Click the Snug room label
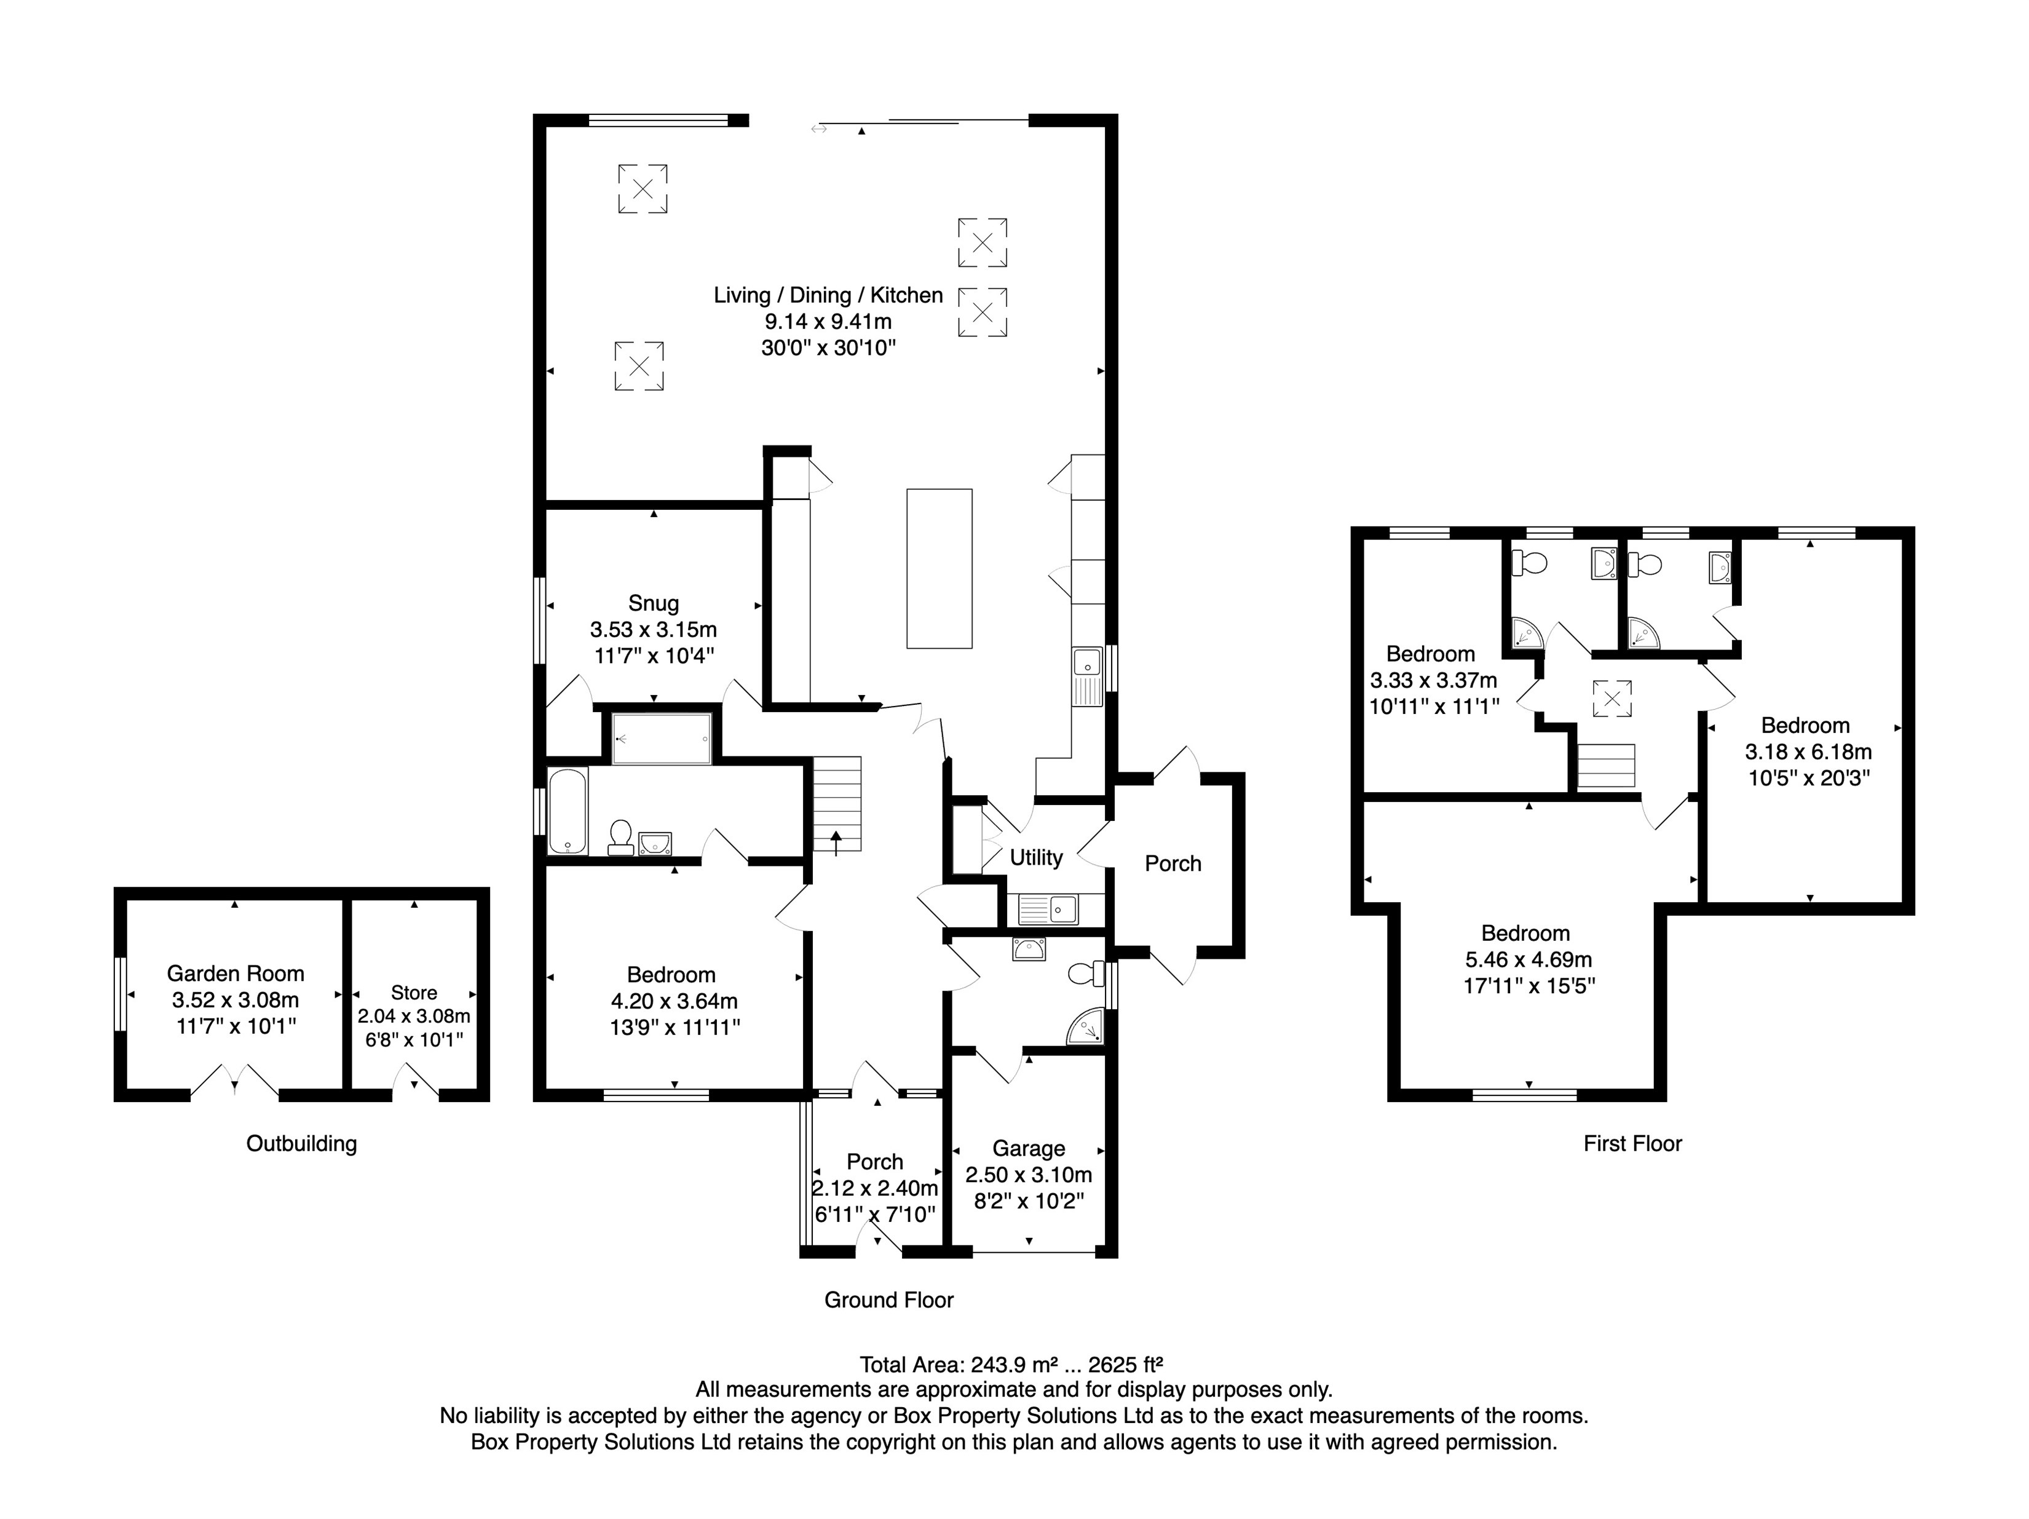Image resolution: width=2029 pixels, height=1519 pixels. (653, 603)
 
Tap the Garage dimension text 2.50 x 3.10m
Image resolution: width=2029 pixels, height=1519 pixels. (1028, 1175)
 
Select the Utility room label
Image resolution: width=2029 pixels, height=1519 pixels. (1035, 858)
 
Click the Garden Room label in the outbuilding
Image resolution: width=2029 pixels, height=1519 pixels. (235, 974)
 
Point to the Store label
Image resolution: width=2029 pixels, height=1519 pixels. (414, 993)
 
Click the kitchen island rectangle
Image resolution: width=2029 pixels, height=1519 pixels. (939, 569)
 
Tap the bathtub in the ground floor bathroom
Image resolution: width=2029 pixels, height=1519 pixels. (568, 811)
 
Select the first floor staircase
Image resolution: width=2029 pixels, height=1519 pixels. (1605, 766)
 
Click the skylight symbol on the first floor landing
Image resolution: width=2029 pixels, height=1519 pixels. (1612, 698)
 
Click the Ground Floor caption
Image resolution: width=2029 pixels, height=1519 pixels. (888, 1300)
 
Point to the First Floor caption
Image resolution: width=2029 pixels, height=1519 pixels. (1632, 1144)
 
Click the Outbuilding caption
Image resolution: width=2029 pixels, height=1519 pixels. (301, 1144)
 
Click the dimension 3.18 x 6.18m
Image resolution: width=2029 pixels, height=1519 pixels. (1807, 752)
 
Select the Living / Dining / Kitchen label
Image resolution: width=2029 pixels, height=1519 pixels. (828, 295)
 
